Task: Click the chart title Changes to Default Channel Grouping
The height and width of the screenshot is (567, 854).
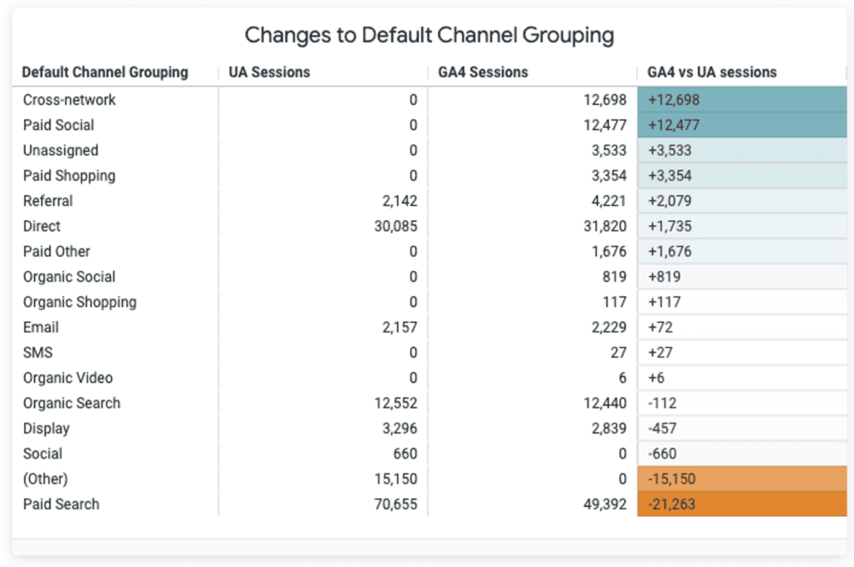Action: (430, 35)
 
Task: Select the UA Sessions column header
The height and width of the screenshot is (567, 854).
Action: (269, 72)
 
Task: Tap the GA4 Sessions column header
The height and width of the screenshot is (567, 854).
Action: (483, 72)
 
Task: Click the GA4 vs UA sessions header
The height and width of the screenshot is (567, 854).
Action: (712, 72)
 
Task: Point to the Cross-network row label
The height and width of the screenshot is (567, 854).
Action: (69, 100)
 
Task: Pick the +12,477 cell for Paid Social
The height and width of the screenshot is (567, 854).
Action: (741, 125)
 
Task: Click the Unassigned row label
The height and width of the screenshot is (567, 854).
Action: (60, 150)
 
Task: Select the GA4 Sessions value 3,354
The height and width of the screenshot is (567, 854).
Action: (609, 175)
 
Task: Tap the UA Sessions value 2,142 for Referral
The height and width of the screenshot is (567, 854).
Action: (399, 201)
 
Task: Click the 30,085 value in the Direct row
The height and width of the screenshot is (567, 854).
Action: (396, 226)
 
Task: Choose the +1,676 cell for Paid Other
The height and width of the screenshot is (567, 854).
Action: (741, 252)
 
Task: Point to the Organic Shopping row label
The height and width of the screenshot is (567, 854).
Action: (79, 303)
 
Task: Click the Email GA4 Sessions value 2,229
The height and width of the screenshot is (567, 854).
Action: (609, 328)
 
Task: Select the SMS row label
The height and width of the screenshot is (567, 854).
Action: (38, 353)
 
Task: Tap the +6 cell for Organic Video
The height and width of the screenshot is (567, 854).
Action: (741, 378)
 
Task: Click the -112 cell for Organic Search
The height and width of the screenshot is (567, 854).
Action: (741, 403)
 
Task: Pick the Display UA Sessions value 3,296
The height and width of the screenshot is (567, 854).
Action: (399, 429)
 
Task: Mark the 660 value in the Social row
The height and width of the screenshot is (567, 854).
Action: (405, 454)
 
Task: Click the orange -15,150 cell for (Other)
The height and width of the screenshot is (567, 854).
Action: (741, 479)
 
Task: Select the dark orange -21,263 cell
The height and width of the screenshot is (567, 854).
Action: (741, 504)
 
